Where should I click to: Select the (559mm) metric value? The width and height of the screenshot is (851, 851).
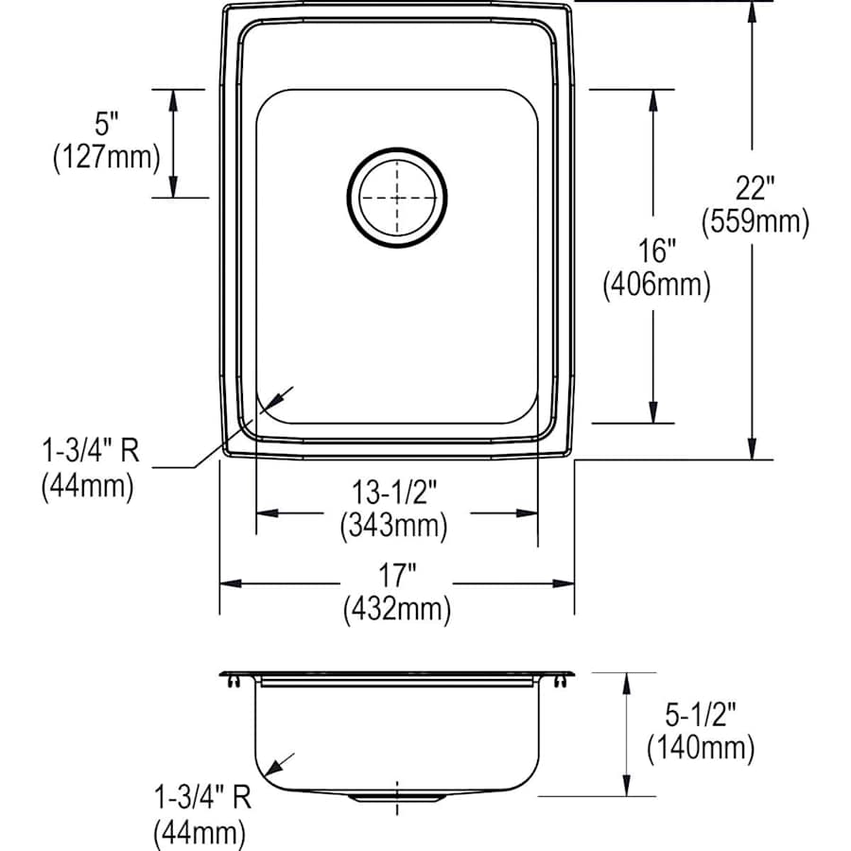755,221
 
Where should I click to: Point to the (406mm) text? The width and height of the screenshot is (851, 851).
656,285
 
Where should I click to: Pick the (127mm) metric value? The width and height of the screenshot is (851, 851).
105,157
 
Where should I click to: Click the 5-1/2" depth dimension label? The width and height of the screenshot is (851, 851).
701,715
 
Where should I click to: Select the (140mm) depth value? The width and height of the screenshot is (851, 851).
701,749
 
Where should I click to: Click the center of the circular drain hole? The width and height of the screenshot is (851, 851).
397,197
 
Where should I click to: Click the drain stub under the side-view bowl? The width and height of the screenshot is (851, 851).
397,799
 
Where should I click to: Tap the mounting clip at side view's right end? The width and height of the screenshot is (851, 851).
564,679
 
